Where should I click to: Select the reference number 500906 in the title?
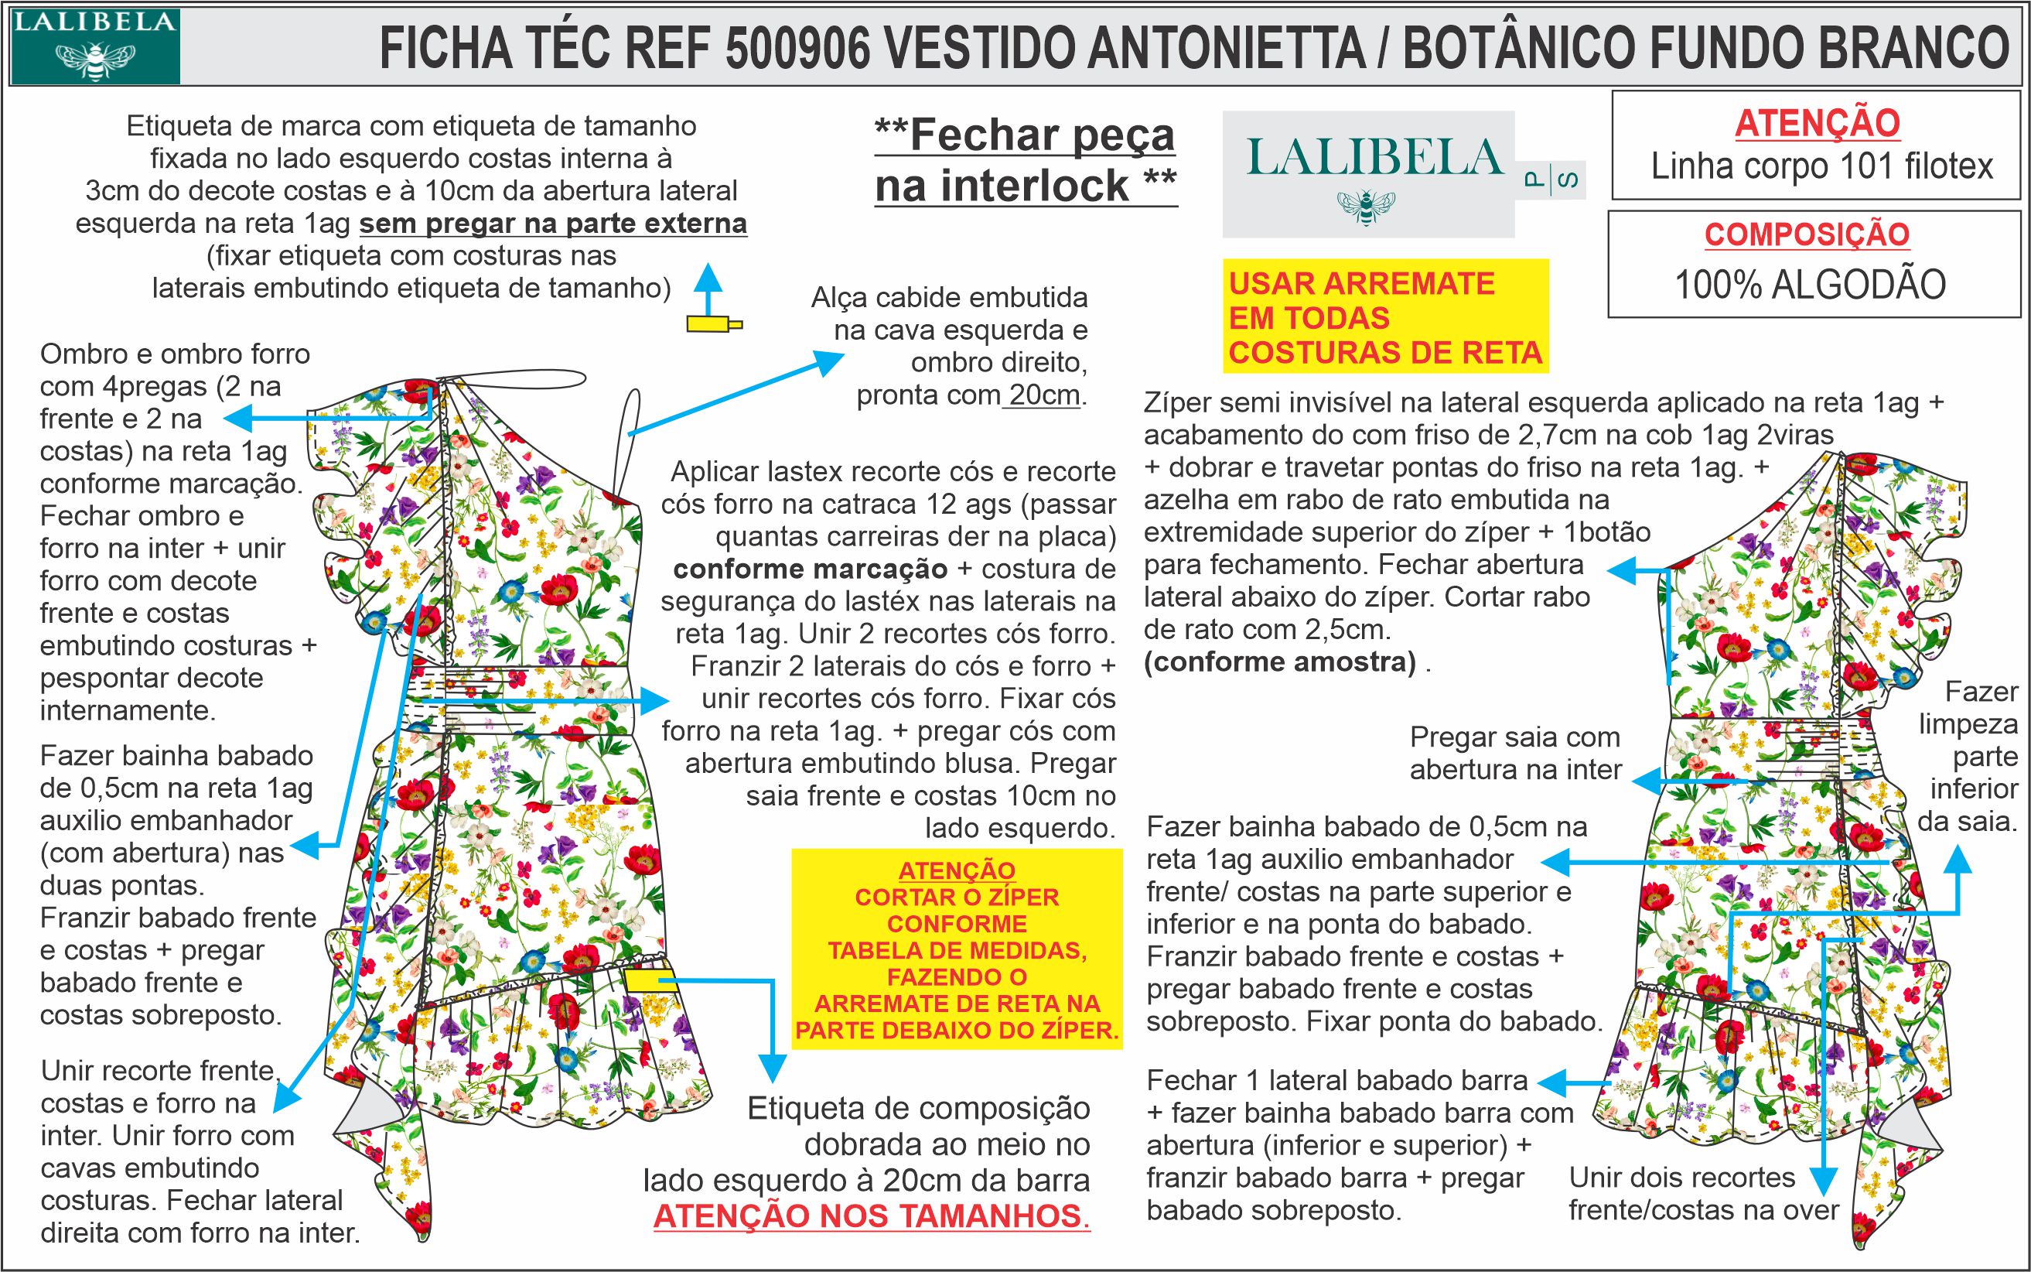coord(797,49)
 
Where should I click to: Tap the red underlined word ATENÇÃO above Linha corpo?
coord(1818,124)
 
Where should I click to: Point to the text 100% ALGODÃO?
coord(1810,286)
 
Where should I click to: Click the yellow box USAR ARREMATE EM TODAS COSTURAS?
coord(1385,317)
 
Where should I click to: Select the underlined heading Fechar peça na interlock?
coord(1026,161)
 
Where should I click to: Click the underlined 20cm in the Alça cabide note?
coord(1043,395)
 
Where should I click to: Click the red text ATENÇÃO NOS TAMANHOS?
coord(872,1216)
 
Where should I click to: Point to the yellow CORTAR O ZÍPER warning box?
coord(956,949)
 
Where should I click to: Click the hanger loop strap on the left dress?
coord(633,412)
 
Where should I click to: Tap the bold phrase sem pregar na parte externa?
coord(552,224)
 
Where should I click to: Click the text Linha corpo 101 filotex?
coord(1821,166)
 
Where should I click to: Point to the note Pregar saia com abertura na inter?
coord(1514,753)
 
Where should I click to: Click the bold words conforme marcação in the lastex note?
coord(810,569)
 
